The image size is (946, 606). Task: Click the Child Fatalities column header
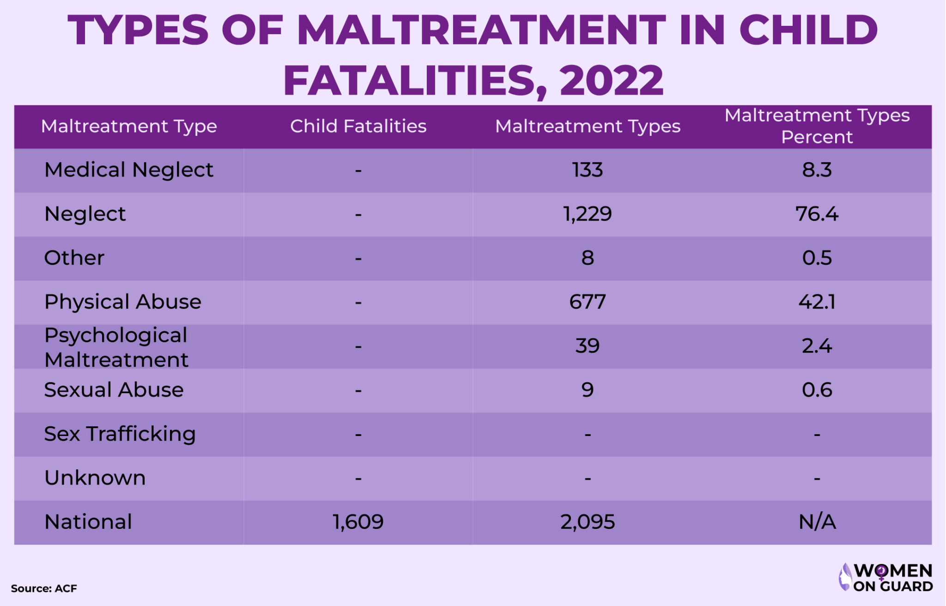358,126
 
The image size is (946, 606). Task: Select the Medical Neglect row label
128,170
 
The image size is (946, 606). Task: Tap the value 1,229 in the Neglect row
587,214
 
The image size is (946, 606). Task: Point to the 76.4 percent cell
817,214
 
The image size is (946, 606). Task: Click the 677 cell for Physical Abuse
587,302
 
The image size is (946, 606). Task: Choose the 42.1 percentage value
817,302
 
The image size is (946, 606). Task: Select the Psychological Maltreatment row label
116,347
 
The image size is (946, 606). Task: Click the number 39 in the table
587,346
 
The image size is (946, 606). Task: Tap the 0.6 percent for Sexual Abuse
817,390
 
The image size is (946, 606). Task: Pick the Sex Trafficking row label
120,434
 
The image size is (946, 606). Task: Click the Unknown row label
95,478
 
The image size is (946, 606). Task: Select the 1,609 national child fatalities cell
358,522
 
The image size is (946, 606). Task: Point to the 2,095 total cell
587,522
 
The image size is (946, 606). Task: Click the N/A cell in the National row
817,522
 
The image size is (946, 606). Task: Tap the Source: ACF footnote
44,588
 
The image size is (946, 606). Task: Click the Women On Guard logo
885,577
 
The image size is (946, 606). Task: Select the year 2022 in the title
611,80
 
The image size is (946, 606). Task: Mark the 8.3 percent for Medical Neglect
817,170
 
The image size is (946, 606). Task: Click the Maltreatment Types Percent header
817,126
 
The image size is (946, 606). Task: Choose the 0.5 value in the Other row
817,258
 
